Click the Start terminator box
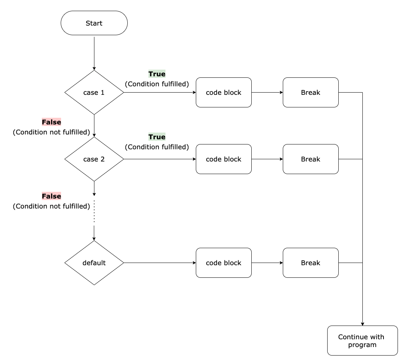pos(94,23)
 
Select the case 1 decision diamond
pos(94,93)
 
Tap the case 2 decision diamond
pos(94,159)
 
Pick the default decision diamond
pos(94,263)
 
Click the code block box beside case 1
pos(224,93)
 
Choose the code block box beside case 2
pos(224,159)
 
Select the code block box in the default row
pos(224,263)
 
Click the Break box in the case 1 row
pos(311,93)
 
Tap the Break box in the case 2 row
pos(311,159)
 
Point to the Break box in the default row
pos(311,263)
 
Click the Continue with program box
pos(362,341)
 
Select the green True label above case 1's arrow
pos(157,74)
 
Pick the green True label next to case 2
pos(157,137)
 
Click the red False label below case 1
pos(51,122)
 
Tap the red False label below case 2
pos(51,196)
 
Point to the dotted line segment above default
pos(94,212)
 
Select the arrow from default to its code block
pos(159,263)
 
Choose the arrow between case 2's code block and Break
pos(267,159)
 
